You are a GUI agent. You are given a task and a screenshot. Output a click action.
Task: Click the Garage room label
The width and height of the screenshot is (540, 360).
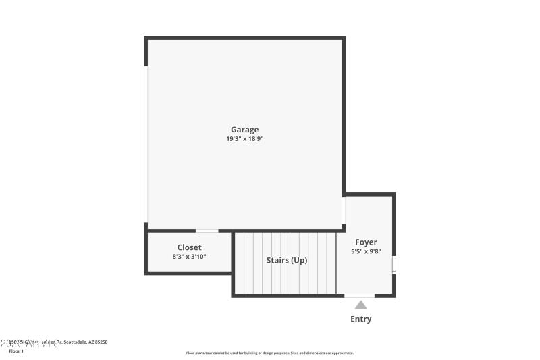point(244,130)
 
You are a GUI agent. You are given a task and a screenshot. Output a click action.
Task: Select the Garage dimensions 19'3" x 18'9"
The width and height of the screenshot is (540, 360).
point(244,139)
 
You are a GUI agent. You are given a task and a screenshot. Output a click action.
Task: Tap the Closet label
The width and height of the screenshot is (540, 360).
point(189,247)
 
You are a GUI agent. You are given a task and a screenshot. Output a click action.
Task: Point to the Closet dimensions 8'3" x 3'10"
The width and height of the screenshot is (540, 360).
point(189,257)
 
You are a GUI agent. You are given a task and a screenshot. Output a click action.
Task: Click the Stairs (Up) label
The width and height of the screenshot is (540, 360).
point(287,260)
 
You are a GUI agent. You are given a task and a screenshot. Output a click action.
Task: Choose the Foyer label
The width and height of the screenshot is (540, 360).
point(366,242)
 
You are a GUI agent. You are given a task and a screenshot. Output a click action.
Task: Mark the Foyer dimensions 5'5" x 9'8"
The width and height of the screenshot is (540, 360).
point(366,251)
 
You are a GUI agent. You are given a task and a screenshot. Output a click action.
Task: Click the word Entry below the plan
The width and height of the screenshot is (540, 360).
point(360,319)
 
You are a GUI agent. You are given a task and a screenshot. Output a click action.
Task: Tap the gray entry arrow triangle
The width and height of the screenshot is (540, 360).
point(361,305)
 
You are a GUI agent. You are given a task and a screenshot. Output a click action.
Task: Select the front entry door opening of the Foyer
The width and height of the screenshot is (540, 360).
point(360,295)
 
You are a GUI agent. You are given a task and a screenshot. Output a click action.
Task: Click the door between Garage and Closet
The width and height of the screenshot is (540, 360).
point(207,231)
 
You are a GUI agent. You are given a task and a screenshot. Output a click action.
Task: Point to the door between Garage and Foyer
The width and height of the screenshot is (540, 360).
point(344,210)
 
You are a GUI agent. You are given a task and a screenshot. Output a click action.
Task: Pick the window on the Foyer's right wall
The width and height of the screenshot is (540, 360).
point(394,264)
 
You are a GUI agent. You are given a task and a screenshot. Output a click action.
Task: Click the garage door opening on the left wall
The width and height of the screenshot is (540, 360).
point(146,144)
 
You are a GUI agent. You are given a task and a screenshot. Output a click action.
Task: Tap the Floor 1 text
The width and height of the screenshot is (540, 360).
point(16,351)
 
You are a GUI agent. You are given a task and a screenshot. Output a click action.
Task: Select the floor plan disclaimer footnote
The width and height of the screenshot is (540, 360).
point(269,353)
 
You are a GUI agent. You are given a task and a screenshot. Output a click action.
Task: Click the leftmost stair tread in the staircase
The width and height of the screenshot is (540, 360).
point(240,263)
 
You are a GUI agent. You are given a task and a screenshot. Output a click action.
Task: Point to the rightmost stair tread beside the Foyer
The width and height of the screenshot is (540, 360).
point(331,263)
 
